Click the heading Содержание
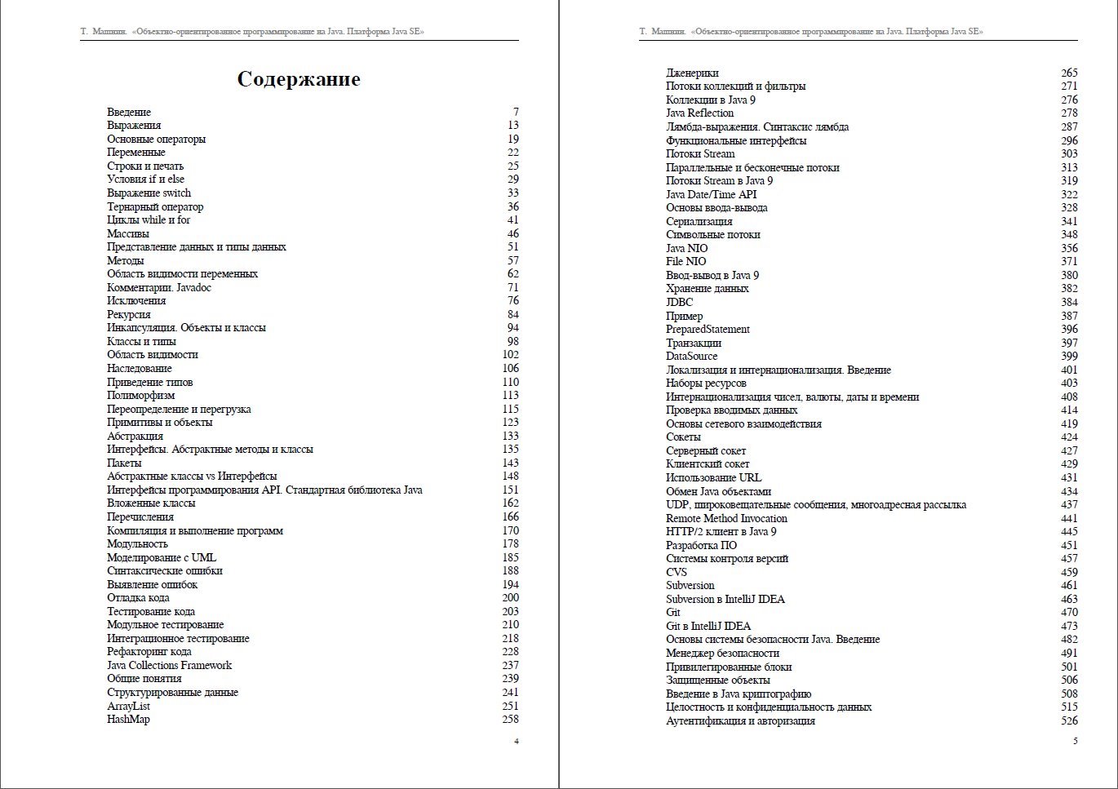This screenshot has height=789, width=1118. tap(299, 79)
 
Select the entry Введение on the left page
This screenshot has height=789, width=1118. tap(129, 112)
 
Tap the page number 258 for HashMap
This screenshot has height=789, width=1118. tap(510, 719)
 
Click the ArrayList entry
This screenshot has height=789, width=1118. tap(128, 706)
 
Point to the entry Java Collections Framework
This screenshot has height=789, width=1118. tap(169, 665)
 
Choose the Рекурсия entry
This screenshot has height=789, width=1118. tap(129, 314)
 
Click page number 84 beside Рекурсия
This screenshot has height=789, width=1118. tap(512, 314)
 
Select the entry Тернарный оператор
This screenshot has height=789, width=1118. tap(155, 206)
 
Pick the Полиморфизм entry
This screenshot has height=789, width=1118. tap(140, 395)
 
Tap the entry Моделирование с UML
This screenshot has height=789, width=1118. tap(162, 557)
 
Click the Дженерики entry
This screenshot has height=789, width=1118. tap(692, 73)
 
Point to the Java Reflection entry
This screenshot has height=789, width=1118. tap(699, 113)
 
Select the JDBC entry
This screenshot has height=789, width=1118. tap(679, 302)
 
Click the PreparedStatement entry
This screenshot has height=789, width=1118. tap(708, 329)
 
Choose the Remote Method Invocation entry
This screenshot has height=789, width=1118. tap(726, 518)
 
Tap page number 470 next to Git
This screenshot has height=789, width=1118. tap(1069, 612)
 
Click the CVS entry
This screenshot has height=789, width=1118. tap(677, 572)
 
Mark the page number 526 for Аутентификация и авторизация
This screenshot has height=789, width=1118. tap(1069, 720)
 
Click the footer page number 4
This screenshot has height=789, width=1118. tap(516, 741)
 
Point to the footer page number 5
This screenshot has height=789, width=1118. tap(1075, 741)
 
